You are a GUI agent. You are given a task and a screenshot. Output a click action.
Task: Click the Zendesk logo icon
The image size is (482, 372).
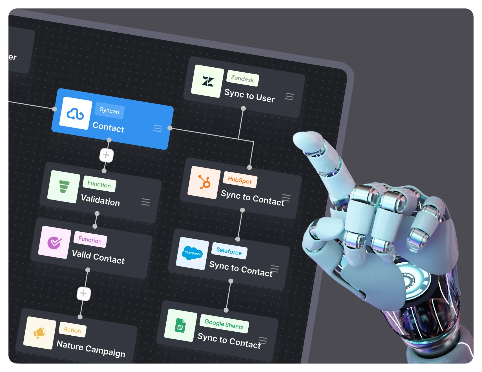(207, 81)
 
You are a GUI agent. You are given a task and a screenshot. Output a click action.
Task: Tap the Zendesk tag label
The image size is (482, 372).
(243, 79)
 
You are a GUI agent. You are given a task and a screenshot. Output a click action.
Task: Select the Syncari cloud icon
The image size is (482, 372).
(75, 114)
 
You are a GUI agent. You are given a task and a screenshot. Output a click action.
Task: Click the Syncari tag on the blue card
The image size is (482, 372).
(109, 110)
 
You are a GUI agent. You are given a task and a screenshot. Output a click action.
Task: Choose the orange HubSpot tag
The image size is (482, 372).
(240, 180)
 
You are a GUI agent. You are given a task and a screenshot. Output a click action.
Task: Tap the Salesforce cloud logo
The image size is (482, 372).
(193, 253)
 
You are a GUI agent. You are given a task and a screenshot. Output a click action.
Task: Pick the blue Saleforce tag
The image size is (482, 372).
(229, 251)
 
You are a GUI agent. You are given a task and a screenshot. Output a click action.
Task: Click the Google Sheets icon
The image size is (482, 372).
(180, 325)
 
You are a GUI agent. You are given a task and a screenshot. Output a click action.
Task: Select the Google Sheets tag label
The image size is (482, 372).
(224, 324)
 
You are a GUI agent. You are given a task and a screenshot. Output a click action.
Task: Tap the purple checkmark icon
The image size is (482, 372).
(54, 242)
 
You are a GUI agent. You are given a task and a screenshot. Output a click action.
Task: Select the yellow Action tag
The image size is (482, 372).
(72, 330)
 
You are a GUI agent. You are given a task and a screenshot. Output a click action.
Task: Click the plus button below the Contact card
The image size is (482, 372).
(106, 155)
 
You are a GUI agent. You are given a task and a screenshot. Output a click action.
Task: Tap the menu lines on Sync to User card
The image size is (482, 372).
(289, 97)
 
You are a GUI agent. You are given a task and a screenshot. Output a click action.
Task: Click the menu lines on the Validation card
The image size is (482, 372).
(146, 202)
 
